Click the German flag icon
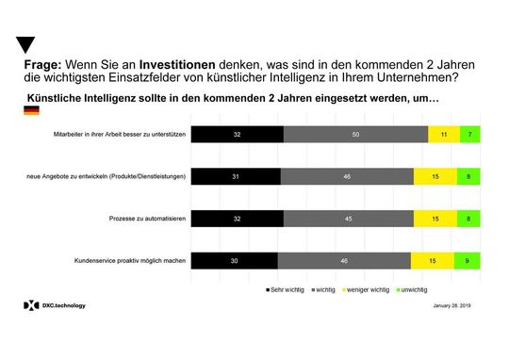(31, 111)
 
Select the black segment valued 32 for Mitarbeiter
(238, 135)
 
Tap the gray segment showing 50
(355, 135)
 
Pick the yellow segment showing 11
(443, 135)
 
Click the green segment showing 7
(470, 135)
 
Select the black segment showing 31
(236, 176)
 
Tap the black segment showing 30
(235, 260)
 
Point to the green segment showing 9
(468, 260)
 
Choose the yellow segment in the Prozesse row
(435, 219)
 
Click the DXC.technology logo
(56, 306)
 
